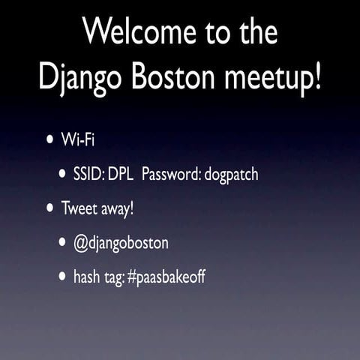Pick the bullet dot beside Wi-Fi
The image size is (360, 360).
pyautogui.click(x=50, y=140)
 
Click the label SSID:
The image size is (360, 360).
pyautogui.click(x=88, y=175)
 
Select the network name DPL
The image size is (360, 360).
pyautogui.click(x=120, y=175)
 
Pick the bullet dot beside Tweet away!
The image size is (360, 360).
pyautogui.click(x=50, y=208)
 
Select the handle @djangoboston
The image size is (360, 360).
pyautogui.click(x=120, y=243)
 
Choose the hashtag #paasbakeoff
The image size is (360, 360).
pyautogui.click(x=166, y=277)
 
